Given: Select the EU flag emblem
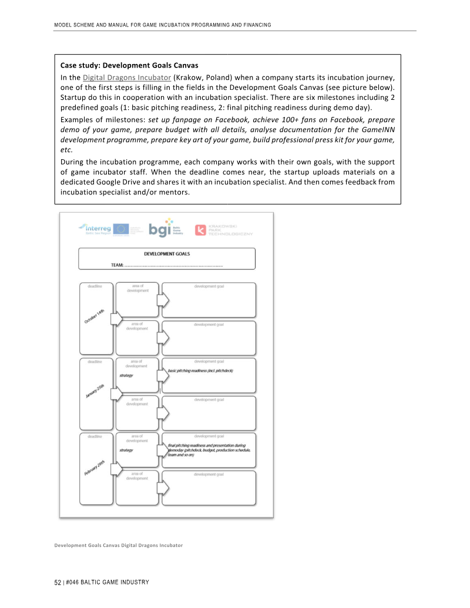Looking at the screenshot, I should point(121,229).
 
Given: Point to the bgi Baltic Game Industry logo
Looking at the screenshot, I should point(159,229).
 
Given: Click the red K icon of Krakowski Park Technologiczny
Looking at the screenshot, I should point(200,230).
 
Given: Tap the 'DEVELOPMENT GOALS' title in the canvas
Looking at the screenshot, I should point(167,254).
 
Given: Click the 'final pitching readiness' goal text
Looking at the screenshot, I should point(207,445).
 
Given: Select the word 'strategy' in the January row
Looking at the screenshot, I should point(126,375).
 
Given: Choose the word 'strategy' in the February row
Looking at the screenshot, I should point(126,450).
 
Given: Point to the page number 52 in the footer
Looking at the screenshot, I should point(58,582).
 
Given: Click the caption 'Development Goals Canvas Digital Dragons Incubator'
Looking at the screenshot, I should point(118,545).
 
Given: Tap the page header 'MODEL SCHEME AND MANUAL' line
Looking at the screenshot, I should point(162,25).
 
